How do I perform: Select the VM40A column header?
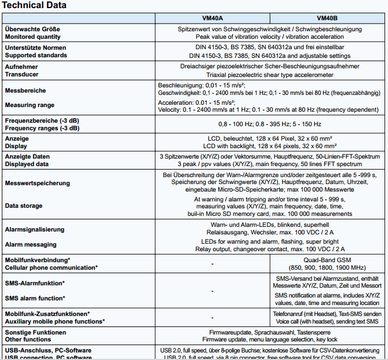pos(213,17)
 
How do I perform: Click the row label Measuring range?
pos(30,105)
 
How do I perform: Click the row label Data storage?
pos(24,205)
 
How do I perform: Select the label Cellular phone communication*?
pos(51,267)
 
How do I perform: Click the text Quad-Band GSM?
pos(328,260)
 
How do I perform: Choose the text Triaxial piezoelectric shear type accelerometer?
pos(270,75)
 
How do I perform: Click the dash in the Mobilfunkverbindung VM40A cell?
pos(213,263)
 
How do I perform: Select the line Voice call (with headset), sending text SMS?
pos(328,321)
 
